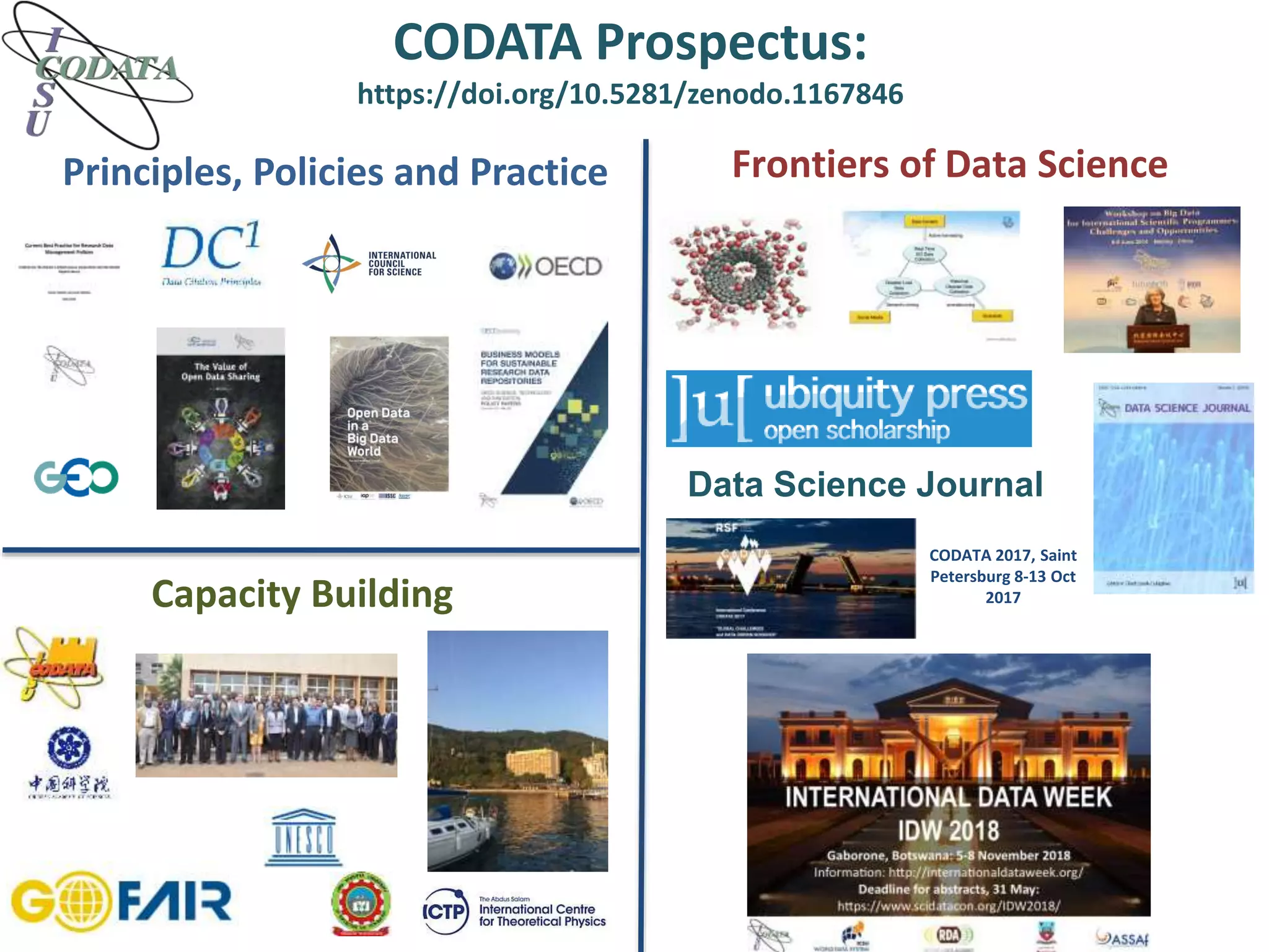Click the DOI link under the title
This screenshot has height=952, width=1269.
point(630,94)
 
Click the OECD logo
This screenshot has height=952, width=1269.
point(545,267)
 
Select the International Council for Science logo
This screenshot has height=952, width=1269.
point(369,263)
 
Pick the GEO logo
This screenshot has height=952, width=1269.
point(76,477)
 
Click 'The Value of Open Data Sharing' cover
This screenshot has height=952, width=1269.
point(221,418)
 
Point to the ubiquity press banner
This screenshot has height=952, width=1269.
point(848,408)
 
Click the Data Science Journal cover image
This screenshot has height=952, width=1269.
point(1174,488)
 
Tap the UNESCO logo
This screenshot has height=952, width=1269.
point(304,837)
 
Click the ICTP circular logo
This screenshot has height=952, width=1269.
point(445,912)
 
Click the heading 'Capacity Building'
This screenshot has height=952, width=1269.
point(302,594)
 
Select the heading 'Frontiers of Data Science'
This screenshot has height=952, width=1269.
point(949,165)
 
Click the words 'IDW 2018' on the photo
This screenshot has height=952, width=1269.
point(949,831)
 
